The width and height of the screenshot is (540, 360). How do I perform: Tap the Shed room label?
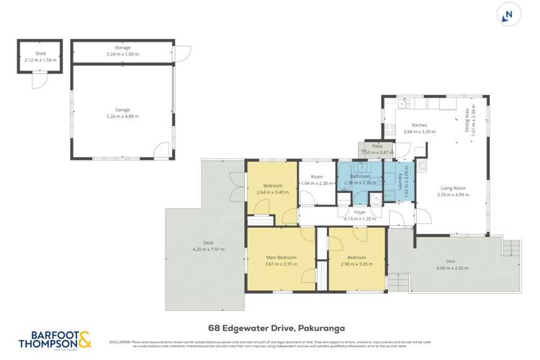coord(40,53)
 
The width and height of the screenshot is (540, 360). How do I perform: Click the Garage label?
coord(122,109)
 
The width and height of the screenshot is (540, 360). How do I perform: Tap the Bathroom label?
coord(360,176)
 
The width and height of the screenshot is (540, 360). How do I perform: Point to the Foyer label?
coord(359,212)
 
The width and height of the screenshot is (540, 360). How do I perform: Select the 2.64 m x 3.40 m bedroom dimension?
coord(271,192)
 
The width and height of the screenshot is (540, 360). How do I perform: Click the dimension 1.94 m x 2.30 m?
coord(317,183)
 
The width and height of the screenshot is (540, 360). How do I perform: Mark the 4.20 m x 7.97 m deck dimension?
coord(209,249)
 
